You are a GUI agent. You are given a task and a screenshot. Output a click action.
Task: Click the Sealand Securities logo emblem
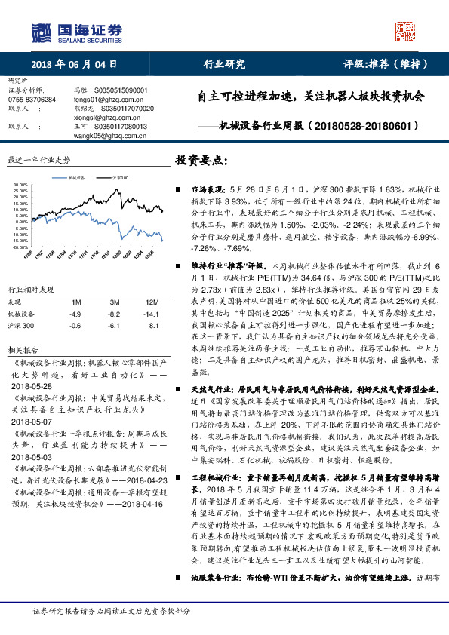[40, 32]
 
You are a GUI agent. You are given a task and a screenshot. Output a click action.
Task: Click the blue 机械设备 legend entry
[72, 177]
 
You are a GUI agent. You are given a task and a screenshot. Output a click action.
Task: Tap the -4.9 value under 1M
[75, 312]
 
